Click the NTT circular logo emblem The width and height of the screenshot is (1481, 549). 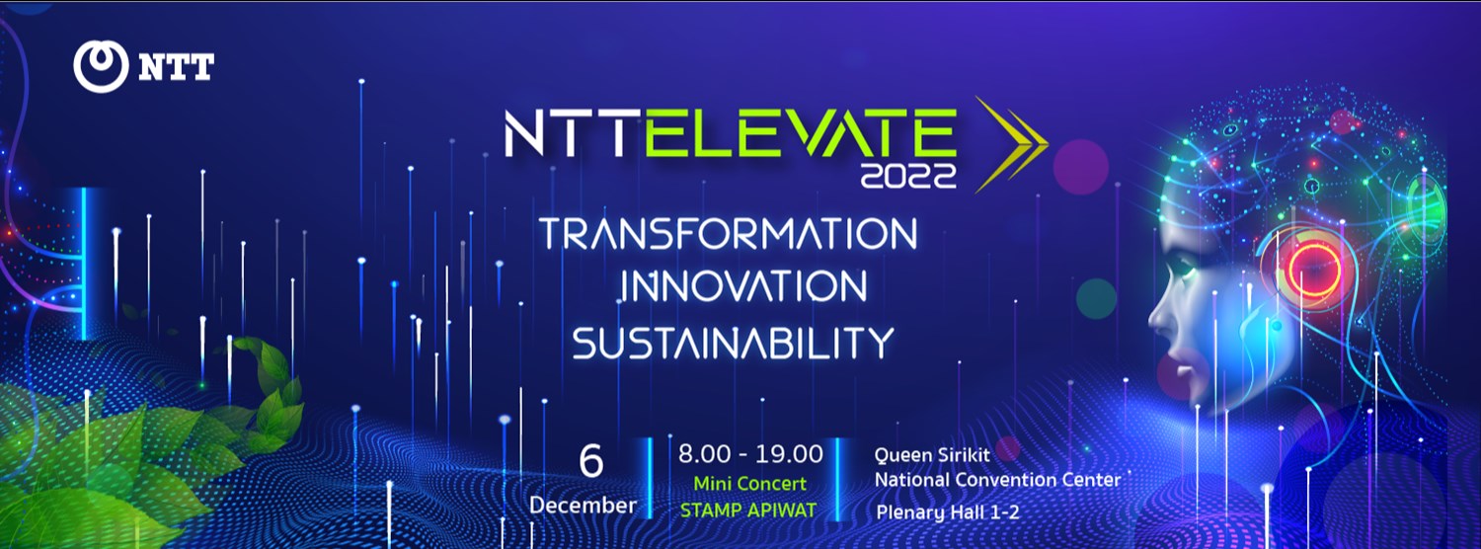coord(102,66)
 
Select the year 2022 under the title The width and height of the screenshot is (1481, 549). coord(908,177)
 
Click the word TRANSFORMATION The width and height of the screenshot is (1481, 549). coord(728,234)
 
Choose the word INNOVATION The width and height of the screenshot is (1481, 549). coord(742,286)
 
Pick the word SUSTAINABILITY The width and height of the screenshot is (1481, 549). coord(733,342)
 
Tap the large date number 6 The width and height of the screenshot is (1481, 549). coord(590,462)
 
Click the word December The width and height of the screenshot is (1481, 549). coord(583,506)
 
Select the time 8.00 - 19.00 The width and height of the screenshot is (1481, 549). coord(750,454)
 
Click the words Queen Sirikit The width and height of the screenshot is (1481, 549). coord(932,455)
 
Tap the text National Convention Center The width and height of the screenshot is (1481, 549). coord(998,480)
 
